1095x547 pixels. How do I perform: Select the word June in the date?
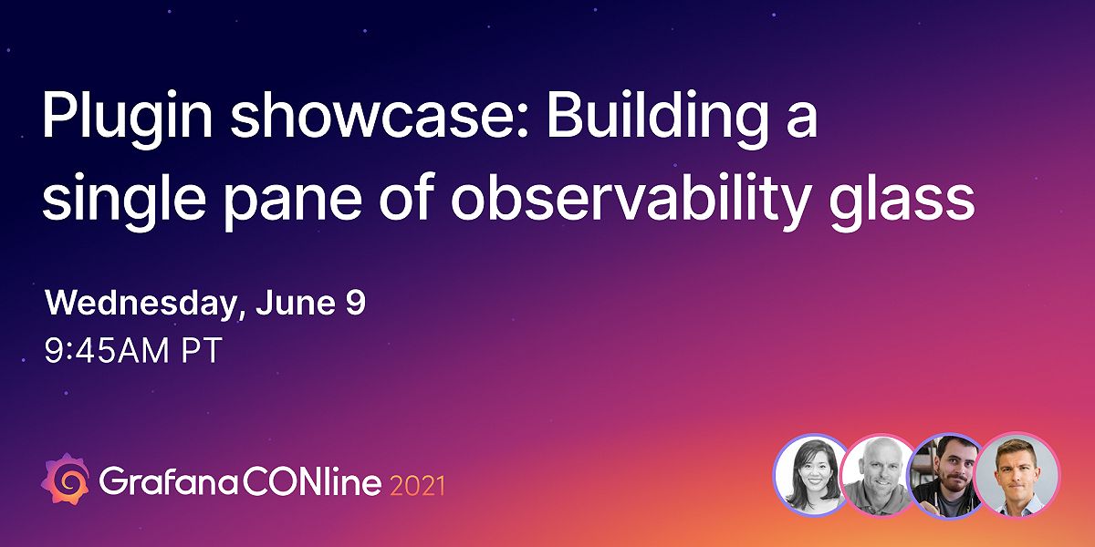(x=294, y=304)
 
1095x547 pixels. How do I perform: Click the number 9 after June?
(x=355, y=304)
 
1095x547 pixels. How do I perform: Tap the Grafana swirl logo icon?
(x=66, y=479)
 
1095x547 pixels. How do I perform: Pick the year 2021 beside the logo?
(x=417, y=483)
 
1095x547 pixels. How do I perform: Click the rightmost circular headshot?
(x=1017, y=474)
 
